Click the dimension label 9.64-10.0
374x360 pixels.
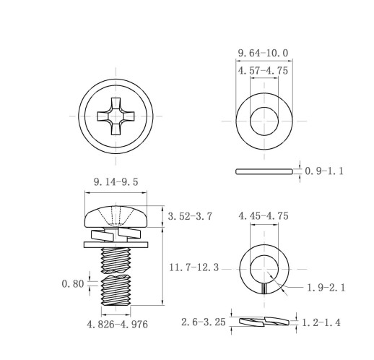[x=263, y=53]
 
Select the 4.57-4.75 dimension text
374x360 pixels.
[x=263, y=71]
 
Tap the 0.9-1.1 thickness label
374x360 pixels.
[x=324, y=171]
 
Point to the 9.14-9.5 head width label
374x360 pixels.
[x=116, y=182]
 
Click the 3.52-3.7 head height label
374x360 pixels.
[x=190, y=216]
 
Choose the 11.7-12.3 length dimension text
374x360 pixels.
[x=194, y=267]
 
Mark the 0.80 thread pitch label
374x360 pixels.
[x=73, y=283]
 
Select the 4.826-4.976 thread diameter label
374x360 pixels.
[x=117, y=325]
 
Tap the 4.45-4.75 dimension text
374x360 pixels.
[x=264, y=216]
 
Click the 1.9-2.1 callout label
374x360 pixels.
[x=326, y=288]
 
